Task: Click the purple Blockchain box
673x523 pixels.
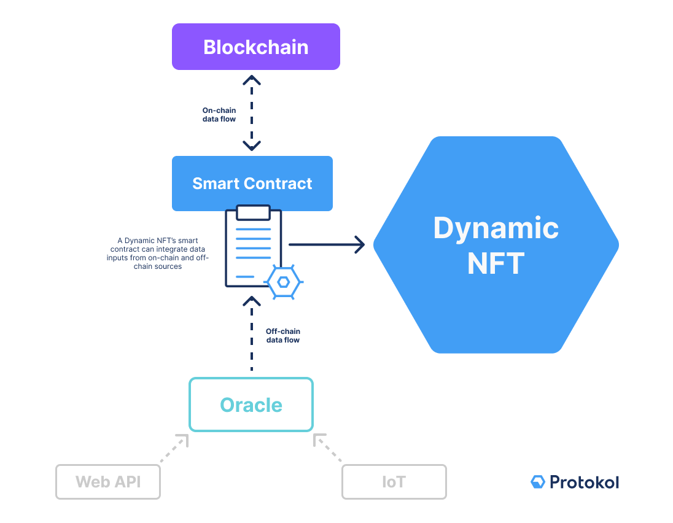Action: pyautogui.click(x=255, y=47)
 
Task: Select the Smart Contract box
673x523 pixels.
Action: pyautogui.click(x=252, y=184)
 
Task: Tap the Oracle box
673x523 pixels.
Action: pyautogui.click(x=251, y=405)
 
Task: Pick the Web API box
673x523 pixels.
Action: pyautogui.click(x=108, y=481)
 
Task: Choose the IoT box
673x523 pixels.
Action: pyautogui.click(x=394, y=481)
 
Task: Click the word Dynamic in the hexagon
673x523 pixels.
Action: pyautogui.click(x=496, y=228)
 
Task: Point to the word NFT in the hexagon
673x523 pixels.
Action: pyautogui.click(x=496, y=263)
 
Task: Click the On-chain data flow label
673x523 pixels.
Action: pyautogui.click(x=219, y=114)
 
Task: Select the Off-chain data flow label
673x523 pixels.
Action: pyautogui.click(x=282, y=335)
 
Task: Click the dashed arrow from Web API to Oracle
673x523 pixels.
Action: pyautogui.click(x=173, y=449)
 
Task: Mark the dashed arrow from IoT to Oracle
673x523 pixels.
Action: pyautogui.click(x=328, y=449)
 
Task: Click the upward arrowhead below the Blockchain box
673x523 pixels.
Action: pyautogui.click(x=252, y=80)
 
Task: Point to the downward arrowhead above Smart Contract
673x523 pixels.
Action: pyautogui.click(x=252, y=146)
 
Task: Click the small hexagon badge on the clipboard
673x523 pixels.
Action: pyautogui.click(x=283, y=282)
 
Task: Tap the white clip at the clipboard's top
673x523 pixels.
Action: pyautogui.click(x=253, y=212)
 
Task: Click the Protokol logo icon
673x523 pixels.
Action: pyautogui.click(x=538, y=482)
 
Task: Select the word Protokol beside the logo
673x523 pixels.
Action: pyautogui.click(x=585, y=482)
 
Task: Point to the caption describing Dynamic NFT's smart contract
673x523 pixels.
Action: pyautogui.click(x=158, y=254)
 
